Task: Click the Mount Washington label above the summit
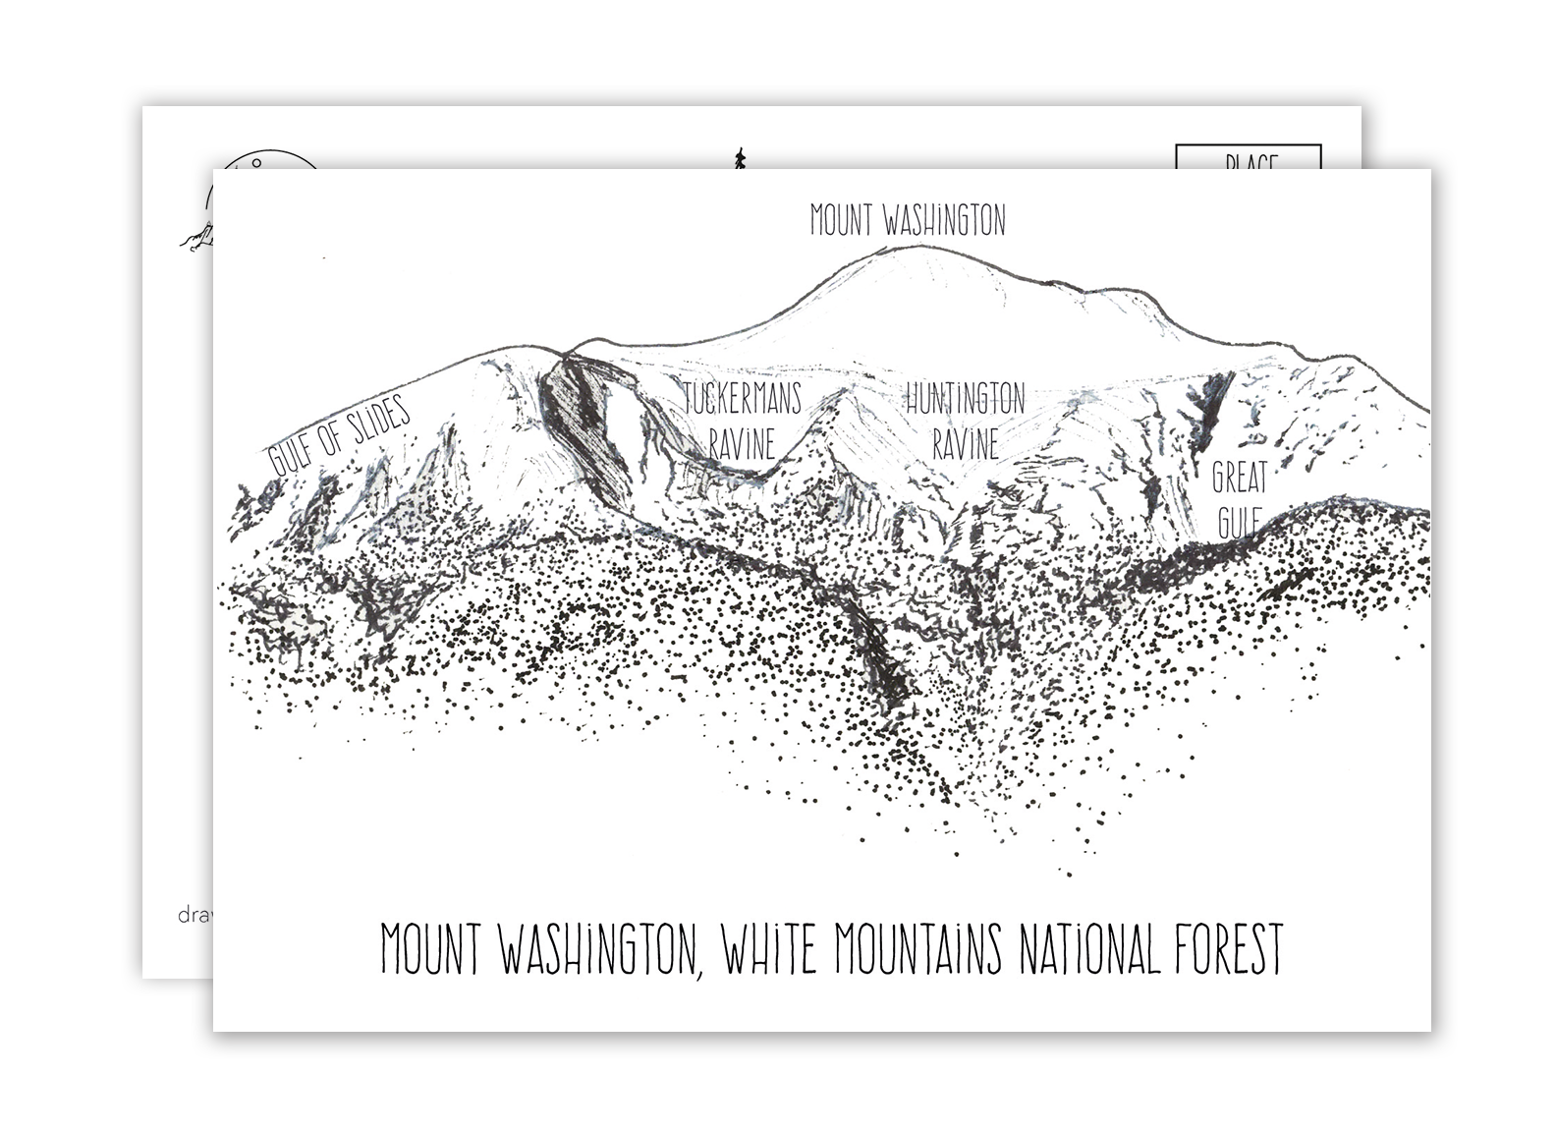[908, 221]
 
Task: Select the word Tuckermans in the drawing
[744, 400]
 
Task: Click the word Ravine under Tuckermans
[742, 444]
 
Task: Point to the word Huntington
[965, 400]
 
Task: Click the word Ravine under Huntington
[965, 444]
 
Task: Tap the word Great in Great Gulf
[1239, 479]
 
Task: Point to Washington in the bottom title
[601, 949]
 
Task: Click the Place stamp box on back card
[1249, 157]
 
